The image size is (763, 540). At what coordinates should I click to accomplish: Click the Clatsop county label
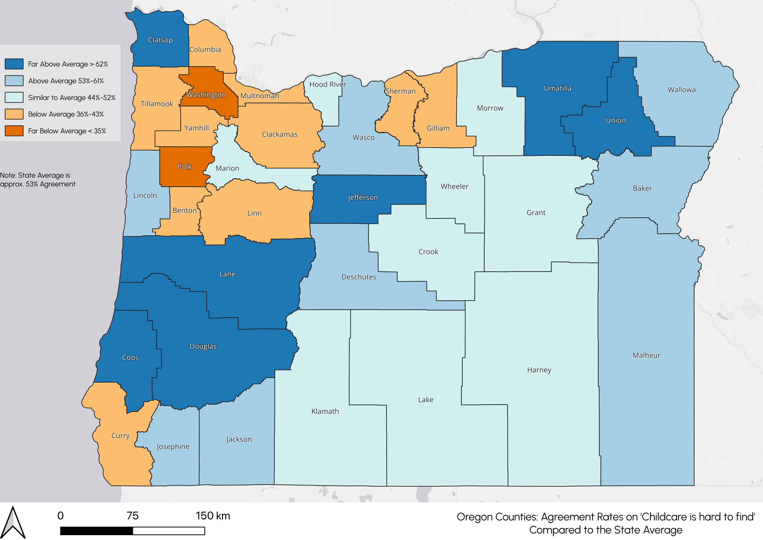coord(160,40)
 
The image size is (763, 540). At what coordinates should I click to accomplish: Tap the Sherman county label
coord(401,91)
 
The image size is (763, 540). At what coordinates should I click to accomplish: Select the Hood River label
coord(328,84)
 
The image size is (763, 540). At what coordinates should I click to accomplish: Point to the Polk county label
coord(184,167)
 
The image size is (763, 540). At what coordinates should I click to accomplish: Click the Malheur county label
coord(646,355)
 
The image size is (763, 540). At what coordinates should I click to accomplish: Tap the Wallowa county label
coord(682,90)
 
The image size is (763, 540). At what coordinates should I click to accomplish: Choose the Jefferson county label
coord(362,197)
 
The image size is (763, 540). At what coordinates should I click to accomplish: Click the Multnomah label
coord(260,96)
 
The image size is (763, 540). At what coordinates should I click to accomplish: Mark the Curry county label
coord(120,435)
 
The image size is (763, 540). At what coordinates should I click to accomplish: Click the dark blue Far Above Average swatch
coord(14,64)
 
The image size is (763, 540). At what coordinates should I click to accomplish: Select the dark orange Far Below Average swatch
coord(14,131)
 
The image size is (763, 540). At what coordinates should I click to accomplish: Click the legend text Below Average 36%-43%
coord(66,114)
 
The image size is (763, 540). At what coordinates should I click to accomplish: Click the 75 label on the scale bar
coord(132,516)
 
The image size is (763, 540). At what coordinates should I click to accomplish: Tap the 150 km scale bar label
coord(213,516)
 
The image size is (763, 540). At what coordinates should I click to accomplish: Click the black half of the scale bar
coord(96,531)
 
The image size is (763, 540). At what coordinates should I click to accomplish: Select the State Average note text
coord(38,180)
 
